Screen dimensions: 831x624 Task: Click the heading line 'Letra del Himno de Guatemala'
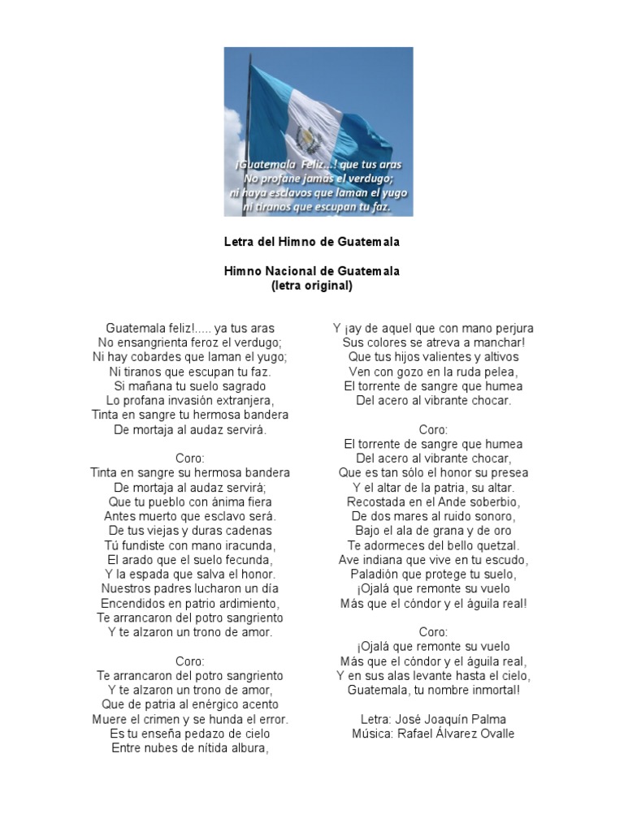pos(312,242)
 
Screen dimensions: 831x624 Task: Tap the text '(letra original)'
pos(312,286)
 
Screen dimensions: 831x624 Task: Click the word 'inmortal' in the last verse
pos(494,691)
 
